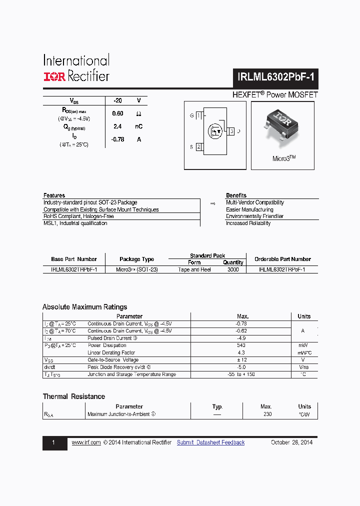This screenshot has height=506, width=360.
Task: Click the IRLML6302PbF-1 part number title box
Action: (274, 77)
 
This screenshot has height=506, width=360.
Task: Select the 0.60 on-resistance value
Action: (117, 113)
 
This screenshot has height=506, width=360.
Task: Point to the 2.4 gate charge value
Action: (117, 126)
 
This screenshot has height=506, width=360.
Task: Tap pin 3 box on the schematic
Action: (231, 131)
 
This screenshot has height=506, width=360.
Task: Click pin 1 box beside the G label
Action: (198, 116)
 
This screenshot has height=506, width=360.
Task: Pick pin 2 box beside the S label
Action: (198, 147)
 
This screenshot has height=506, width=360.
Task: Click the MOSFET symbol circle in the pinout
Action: (216, 132)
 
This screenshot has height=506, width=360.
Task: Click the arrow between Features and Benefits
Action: (212, 203)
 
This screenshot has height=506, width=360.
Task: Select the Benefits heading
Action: (236, 195)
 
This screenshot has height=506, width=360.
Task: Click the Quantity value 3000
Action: (233, 269)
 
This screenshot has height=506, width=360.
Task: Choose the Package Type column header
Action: (136, 259)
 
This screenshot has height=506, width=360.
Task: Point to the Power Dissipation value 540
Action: (241, 345)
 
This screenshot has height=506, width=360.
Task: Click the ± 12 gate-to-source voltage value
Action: (241, 360)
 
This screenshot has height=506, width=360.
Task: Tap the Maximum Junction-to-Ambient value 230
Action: (267, 414)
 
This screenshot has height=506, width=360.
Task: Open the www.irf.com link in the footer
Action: (86, 442)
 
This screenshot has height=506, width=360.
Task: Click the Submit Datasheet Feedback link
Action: (210, 442)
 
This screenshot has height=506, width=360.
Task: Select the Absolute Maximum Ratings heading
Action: (85, 307)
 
